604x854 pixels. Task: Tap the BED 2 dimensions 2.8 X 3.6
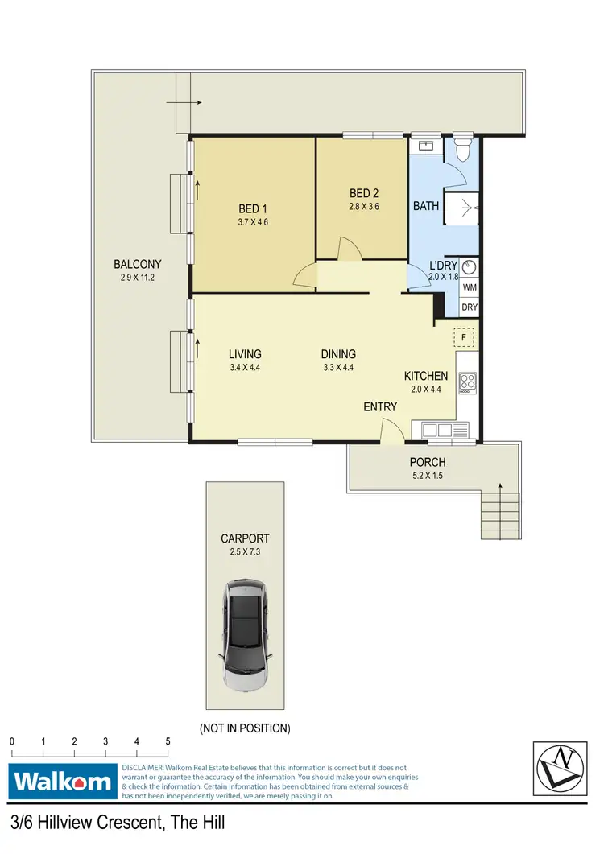pos(363,206)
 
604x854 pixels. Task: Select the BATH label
pos(426,206)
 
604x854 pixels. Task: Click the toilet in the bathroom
pos(463,150)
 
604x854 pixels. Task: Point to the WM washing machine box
pos(470,287)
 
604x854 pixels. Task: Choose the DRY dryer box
pos(470,307)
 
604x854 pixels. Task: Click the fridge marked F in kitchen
pos(465,337)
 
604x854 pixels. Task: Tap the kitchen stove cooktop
pos(467,382)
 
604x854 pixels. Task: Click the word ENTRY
pos(379,407)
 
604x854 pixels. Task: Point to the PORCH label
pos(428,462)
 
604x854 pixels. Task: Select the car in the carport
pos(245,637)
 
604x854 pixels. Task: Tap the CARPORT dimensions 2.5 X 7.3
pos(245,552)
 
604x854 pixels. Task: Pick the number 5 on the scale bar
pos(168,741)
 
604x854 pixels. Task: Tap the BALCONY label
pos(138,264)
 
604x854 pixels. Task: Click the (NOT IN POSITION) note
pos(245,728)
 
